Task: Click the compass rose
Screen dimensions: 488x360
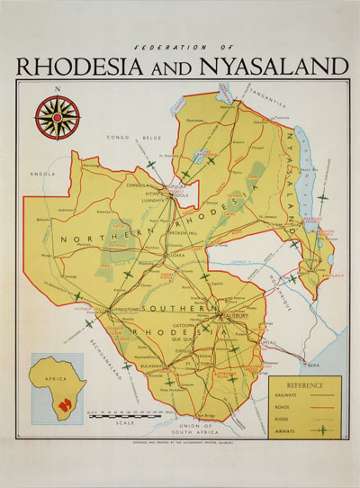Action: (x=57, y=118)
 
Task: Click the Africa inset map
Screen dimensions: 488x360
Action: (x=58, y=388)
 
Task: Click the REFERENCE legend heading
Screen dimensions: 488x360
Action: (x=303, y=383)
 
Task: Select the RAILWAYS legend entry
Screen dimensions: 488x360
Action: (x=292, y=394)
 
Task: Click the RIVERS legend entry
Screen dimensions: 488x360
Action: (x=290, y=418)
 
